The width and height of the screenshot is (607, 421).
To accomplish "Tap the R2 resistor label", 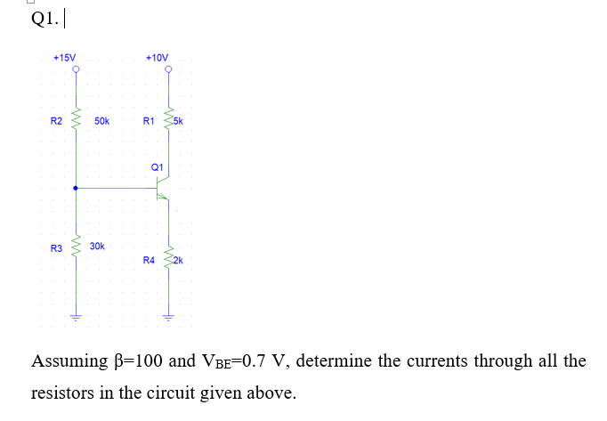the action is coord(56,120).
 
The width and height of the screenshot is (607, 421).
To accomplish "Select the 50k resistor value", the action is coord(101,120).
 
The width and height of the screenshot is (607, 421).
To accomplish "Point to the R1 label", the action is coord(149,120).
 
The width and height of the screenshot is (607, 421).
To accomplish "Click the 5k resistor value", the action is coord(177,120).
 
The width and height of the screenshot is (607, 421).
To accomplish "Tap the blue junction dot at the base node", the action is coord(76,189).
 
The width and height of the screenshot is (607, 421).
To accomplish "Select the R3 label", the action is coord(56,249).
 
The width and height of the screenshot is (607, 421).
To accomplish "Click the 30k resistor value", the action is coord(97,245).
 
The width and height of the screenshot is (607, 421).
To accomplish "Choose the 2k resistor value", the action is coord(177,260).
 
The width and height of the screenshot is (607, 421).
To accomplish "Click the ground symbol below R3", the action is coord(76,316).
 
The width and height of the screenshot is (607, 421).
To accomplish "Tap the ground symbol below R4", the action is coord(166,316).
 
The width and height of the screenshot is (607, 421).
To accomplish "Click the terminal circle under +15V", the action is coord(76,69).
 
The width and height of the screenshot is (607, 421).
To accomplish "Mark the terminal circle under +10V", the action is coord(166,69).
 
